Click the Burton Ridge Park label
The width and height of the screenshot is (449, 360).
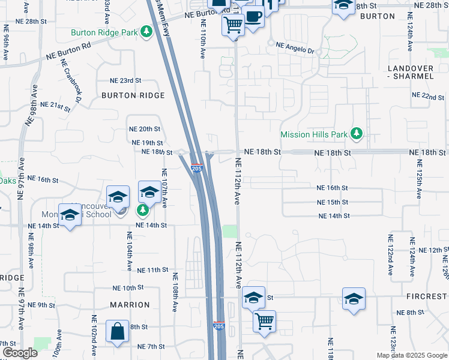(x=104, y=32)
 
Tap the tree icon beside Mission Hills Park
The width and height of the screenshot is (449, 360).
(x=357, y=134)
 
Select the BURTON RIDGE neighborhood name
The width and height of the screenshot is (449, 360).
(x=133, y=95)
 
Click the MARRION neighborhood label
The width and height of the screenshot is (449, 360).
(x=130, y=305)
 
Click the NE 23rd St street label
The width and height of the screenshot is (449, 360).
(x=125, y=80)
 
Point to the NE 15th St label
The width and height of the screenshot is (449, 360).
(x=333, y=202)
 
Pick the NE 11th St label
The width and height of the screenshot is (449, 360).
(x=152, y=271)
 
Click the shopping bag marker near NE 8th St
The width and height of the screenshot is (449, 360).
(x=116, y=332)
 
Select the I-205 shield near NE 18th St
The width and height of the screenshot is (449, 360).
(x=197, y=169)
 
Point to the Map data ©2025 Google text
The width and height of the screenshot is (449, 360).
(x=412, y=355)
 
